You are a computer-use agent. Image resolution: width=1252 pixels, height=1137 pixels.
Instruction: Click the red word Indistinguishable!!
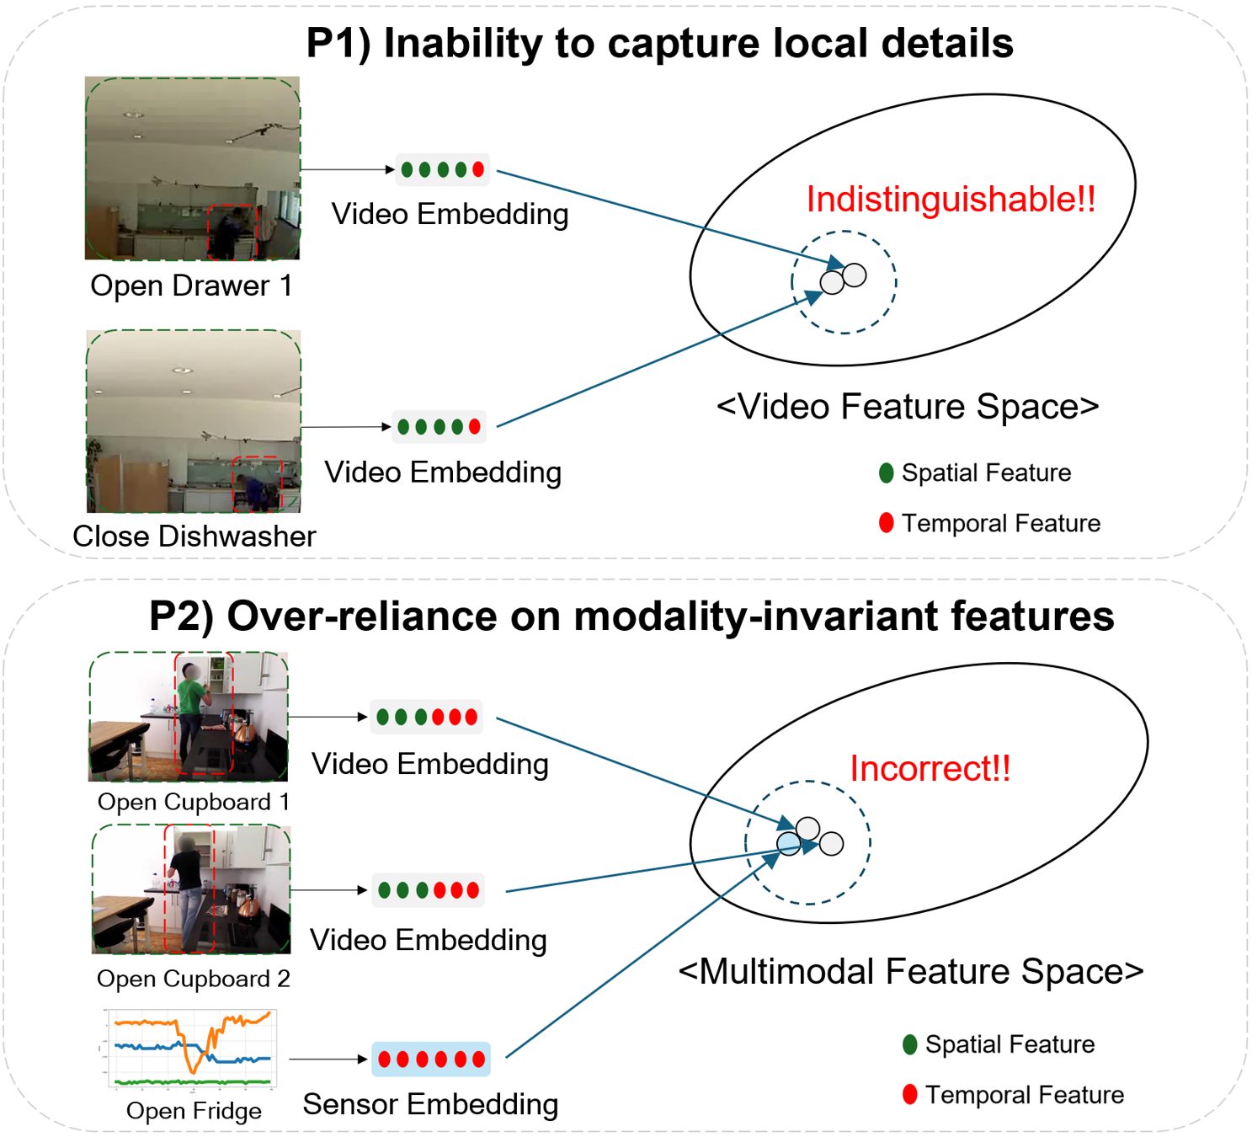951,200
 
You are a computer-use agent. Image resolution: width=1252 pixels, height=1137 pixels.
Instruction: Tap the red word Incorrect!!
930,768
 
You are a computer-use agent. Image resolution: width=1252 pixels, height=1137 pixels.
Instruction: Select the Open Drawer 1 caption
191,286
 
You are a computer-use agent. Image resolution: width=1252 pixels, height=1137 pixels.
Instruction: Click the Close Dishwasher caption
194,536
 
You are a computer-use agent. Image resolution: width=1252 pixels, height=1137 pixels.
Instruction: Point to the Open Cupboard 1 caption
194,802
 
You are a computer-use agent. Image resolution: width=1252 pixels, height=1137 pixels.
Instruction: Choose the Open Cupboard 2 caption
194,979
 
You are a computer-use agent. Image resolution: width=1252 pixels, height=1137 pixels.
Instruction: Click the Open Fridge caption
194,1111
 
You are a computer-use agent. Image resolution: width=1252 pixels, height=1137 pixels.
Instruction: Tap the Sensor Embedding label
430,1104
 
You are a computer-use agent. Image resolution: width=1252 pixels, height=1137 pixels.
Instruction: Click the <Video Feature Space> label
908,407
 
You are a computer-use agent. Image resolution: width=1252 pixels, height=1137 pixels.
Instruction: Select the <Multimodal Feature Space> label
911,972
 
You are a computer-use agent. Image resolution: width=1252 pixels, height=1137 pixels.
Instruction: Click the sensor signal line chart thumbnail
191,1048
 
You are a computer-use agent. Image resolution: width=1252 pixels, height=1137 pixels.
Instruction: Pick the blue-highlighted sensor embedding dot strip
431,1059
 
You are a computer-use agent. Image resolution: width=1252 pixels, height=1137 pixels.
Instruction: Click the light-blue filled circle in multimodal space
789,843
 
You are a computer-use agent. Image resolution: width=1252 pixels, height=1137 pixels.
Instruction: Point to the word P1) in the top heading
338,44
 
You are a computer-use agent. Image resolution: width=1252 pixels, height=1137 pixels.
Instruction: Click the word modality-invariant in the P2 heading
757,616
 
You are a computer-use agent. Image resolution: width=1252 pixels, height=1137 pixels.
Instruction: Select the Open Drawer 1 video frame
192,168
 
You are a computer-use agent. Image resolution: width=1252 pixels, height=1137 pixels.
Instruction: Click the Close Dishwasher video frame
194,421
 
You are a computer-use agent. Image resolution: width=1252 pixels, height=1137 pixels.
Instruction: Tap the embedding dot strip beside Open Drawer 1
442,169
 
